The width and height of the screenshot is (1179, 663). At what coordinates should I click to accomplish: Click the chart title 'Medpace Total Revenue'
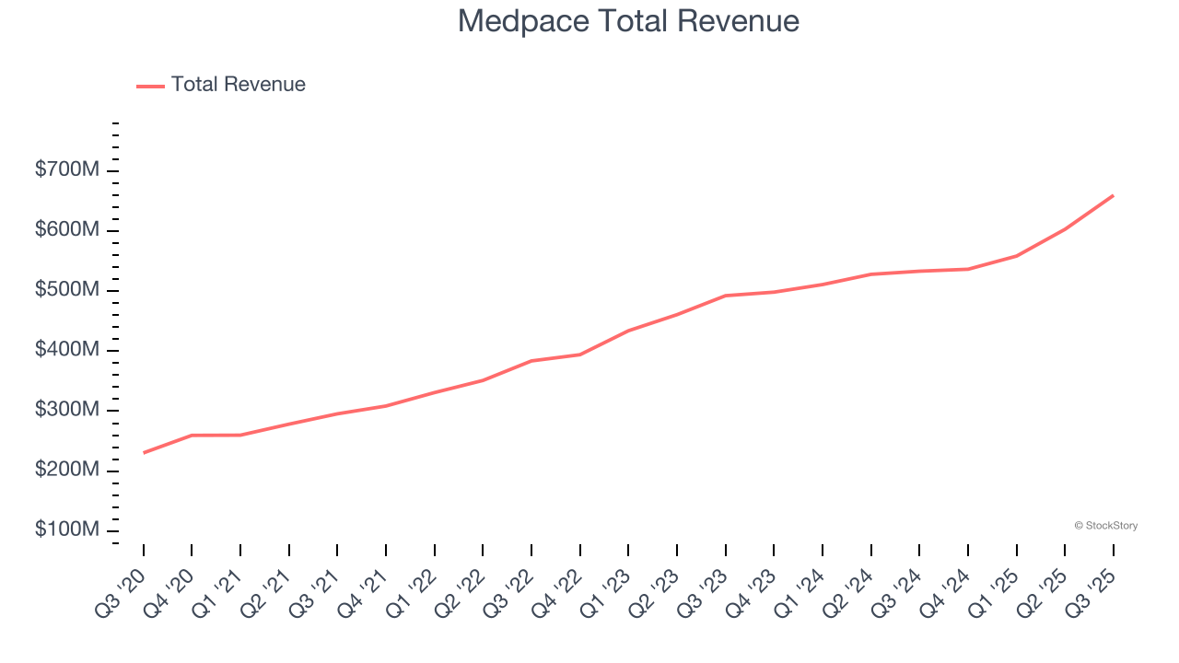(628, 20)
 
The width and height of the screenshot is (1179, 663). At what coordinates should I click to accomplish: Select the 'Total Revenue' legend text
(238, 85)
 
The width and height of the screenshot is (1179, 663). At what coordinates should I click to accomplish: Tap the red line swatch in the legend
(150, 86)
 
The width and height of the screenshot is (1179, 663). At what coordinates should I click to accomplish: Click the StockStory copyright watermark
(1105, 526)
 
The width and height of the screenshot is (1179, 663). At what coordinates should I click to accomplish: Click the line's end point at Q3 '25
(1113, 195)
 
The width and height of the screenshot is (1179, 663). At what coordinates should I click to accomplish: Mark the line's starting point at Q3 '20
(144, 452)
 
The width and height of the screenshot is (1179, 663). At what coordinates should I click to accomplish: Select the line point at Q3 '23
(725, 296)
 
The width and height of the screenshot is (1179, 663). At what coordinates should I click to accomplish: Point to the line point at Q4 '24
(967, 269)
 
